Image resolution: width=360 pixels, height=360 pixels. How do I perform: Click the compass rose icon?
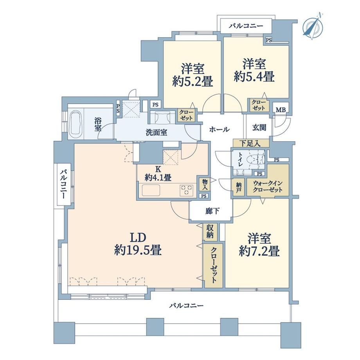coord(313,27)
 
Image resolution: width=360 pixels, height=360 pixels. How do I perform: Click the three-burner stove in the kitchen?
coord(187,190)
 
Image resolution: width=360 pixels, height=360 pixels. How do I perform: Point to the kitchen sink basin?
coord(151,190)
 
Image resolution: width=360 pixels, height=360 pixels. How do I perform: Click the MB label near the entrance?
coord(281,110)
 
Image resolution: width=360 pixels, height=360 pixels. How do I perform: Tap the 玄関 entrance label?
coord(259,128)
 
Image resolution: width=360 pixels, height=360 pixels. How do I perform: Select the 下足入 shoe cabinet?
coord(251,143)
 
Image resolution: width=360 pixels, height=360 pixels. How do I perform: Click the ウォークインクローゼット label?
coord(268,186)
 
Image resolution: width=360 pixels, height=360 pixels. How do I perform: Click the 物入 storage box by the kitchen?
coord(205,184)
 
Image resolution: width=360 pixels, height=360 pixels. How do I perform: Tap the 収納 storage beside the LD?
coord(210,232)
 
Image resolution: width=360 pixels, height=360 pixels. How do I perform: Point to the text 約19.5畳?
coord(138,250)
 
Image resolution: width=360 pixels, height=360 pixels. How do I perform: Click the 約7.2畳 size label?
coord(259,252)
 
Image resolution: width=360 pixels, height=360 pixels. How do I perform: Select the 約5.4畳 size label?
coord(254,77)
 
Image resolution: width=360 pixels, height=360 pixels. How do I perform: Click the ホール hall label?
coord(219,130)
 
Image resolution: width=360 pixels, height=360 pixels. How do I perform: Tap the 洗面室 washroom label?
coord(157,133)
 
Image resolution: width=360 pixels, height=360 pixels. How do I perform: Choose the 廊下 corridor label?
coord(212,211)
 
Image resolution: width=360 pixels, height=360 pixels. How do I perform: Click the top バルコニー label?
coord(246,26)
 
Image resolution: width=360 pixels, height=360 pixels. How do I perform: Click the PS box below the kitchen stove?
coord(203,196)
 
